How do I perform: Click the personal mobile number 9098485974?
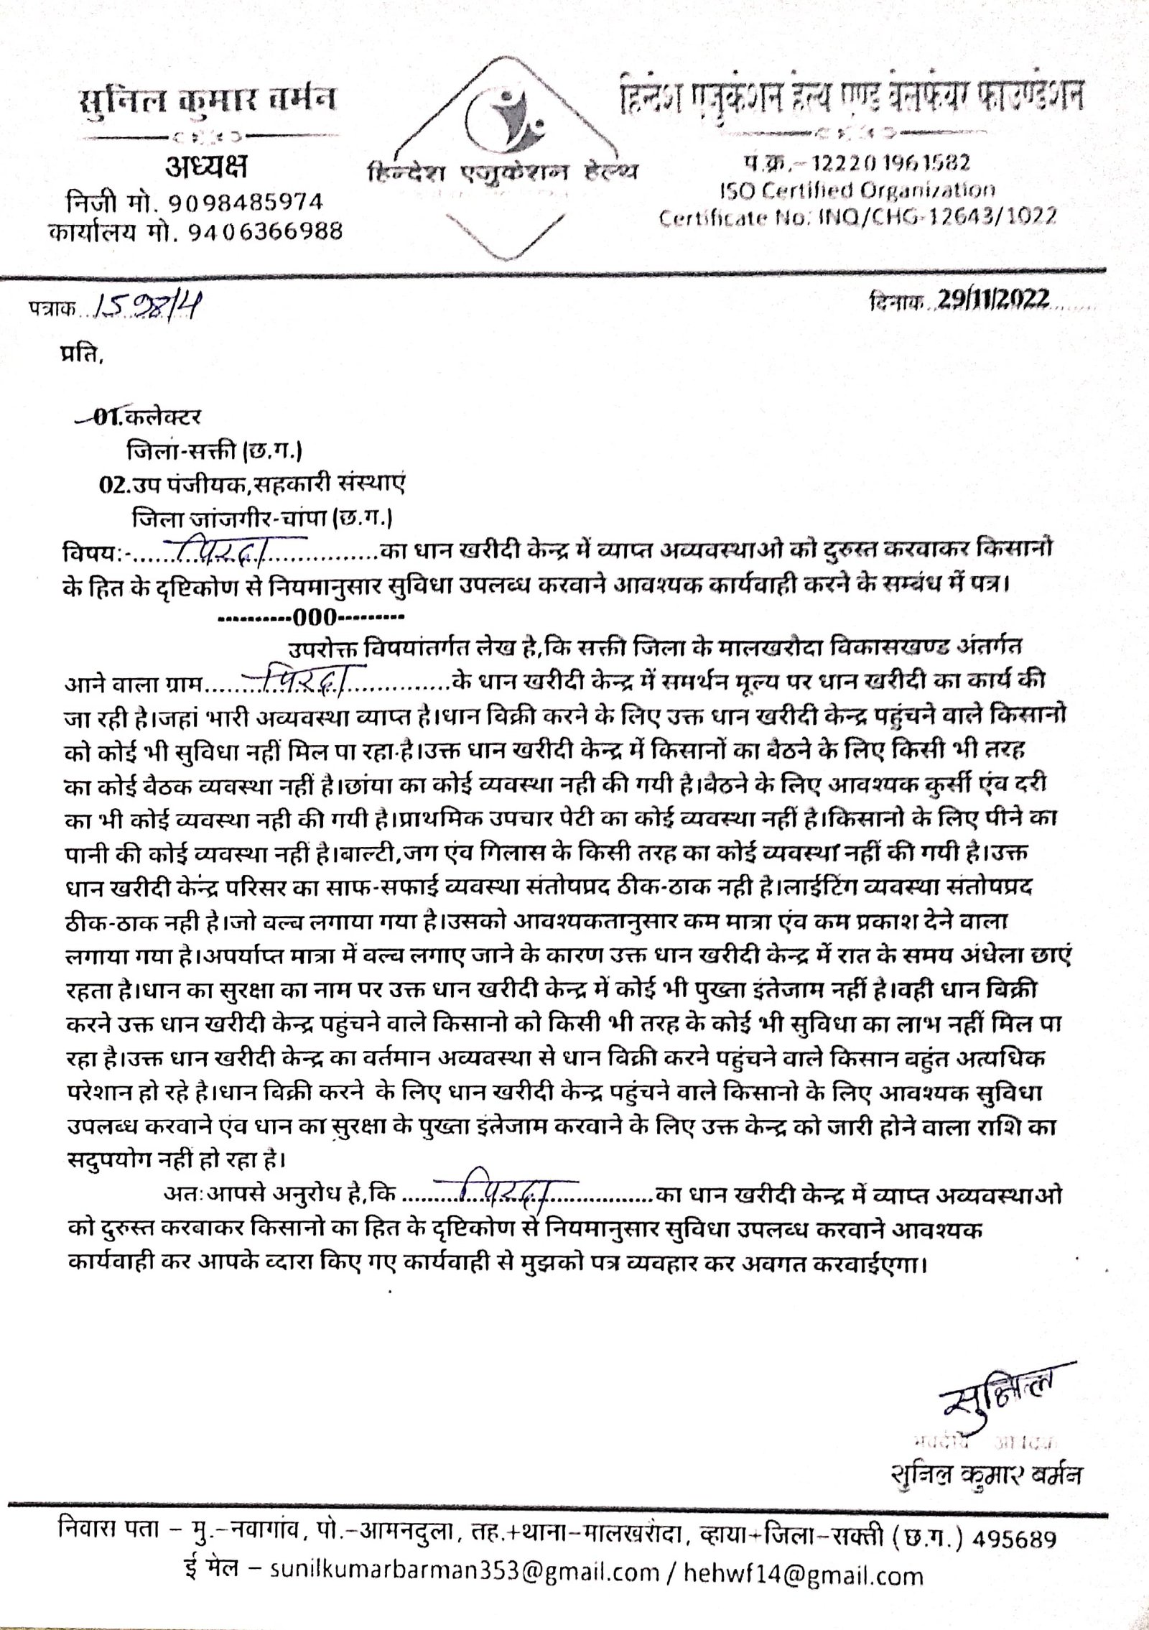[x=245, y=202]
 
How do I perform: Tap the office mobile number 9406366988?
[x=255, y=232]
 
